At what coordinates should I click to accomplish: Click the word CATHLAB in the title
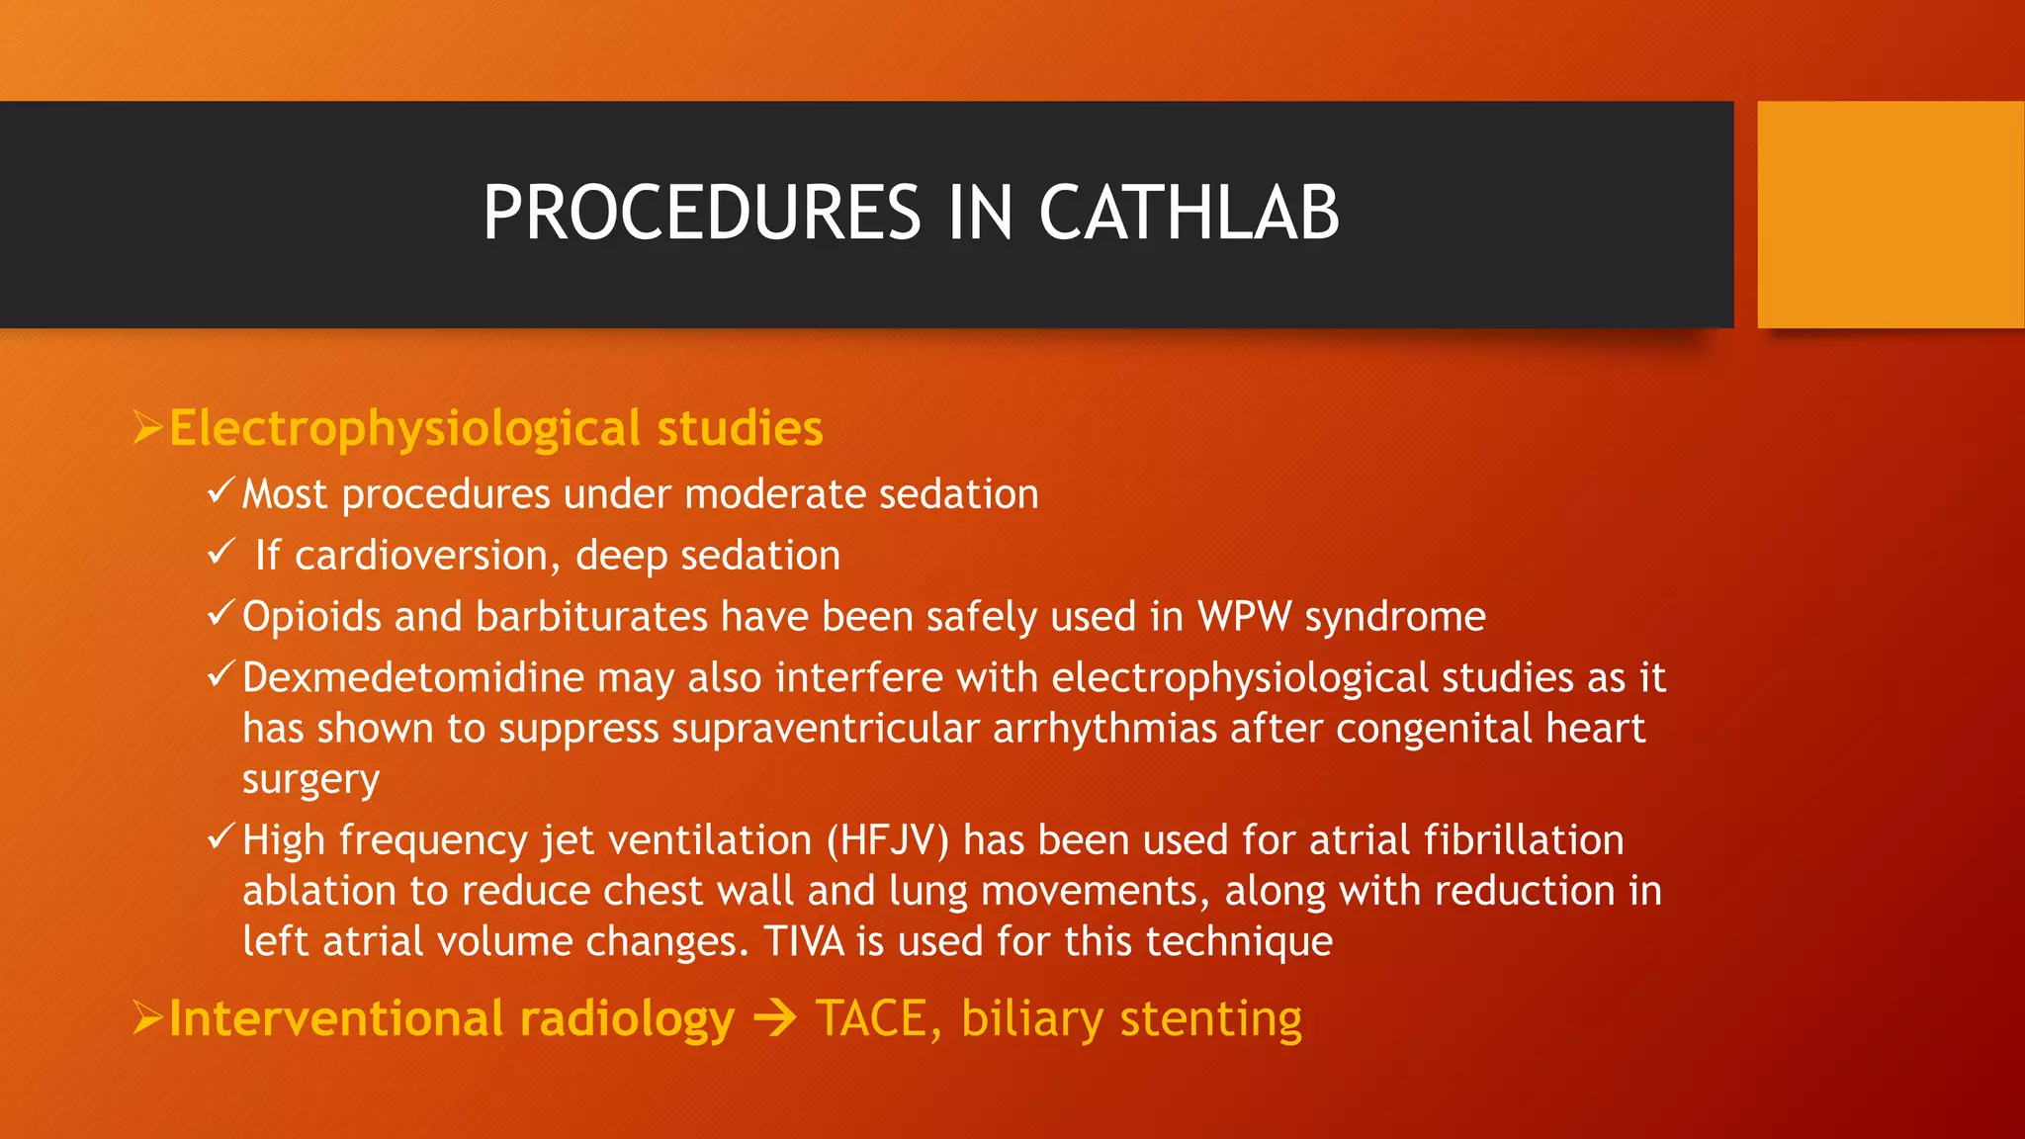pyautogui.click(x=1189, y=214)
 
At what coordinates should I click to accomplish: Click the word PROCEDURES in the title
pyautogui.click(x=702, y=214)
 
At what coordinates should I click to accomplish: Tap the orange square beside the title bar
pyautogui.click(x=1890, y=215)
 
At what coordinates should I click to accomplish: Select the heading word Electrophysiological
pyautogui.click(x=405, y=429)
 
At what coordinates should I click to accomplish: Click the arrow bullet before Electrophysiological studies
pyautogui.click(x=147, y=428)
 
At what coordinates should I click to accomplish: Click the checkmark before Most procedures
pyautogui.click(x=220, y=490)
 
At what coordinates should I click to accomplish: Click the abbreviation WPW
pyautogui.click(x=1244, y=617)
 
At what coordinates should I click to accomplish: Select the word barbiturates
pyautogui.click(x=591, y=617)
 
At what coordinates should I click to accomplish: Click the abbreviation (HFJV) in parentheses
pyautogui.click(x=887, y=840)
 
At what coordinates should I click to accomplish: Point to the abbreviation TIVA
pyautogui.click(x=804, y=941)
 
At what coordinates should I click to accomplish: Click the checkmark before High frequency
pyautogui.click(x=220, y=837)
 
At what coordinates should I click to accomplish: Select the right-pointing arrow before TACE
pyautogui.click(x=774, y=1018)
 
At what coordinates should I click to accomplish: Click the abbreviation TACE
pyautogui.click(x=870, y=1018)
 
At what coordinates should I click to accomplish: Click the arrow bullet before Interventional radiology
pyautogui.click(x=147, y=1017)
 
